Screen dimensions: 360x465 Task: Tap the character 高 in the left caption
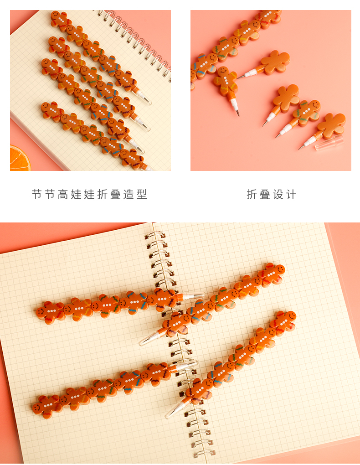(x=63, y=195)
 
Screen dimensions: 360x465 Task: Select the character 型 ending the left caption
(x=142, y=195)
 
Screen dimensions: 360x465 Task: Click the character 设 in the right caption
(x=278, y=195)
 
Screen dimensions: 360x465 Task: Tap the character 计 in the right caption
(x=291, y=195)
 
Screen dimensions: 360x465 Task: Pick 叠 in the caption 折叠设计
(x=265, y=195)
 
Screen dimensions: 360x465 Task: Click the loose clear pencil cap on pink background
(x=329, y=143)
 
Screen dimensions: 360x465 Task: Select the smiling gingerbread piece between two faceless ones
(x=307, y=113)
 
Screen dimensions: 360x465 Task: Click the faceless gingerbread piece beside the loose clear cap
(x=331, y=126)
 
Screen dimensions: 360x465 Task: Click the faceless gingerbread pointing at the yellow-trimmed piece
(x=275, y=62)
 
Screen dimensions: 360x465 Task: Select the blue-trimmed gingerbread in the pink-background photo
(x=205, y=66)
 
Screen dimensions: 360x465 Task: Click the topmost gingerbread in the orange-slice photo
(x=61, y=21)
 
